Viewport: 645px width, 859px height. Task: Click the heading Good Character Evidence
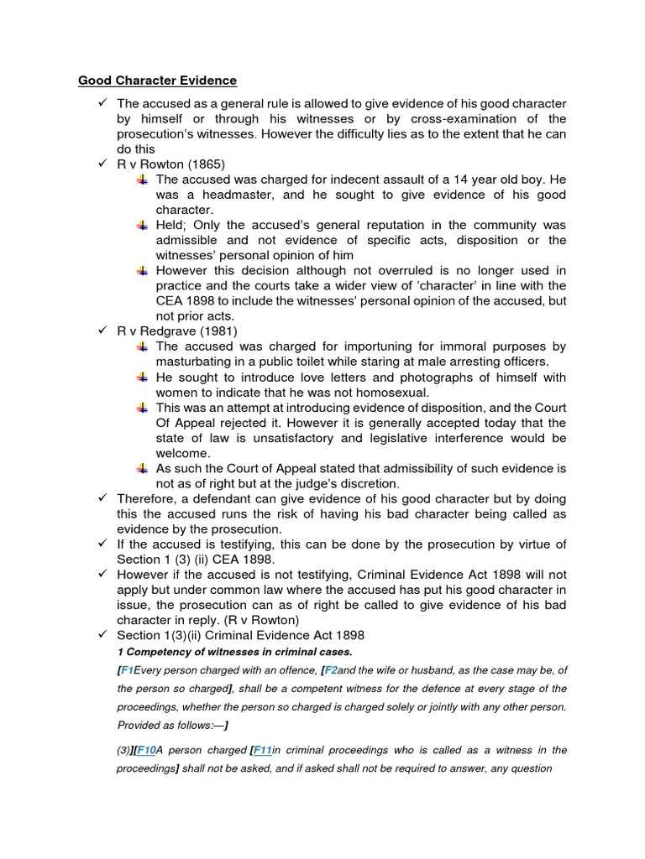tap(157, 81)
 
